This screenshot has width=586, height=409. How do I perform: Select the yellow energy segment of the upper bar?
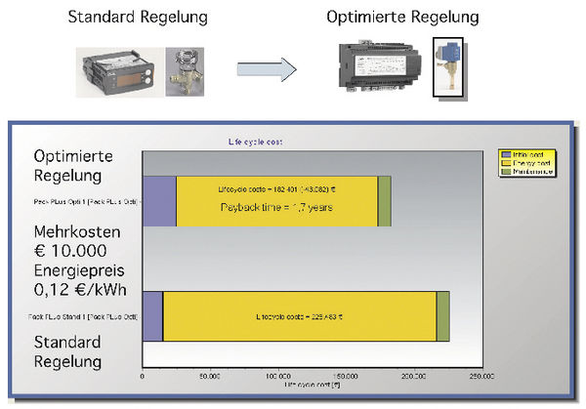pos(276,200)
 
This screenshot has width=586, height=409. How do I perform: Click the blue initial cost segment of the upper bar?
pos(159,200)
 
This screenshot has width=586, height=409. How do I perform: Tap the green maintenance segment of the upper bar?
pos(384,200)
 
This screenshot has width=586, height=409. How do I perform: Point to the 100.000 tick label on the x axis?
pos(277,375)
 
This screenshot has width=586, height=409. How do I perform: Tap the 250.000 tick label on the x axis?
pos(481,375)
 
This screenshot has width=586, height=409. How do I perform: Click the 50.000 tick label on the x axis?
pos(210,375)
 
